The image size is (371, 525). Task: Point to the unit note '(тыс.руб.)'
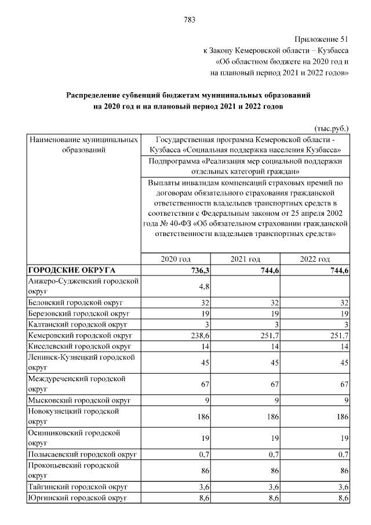tap(330, 128)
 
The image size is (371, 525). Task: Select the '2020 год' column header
tap(175, 259)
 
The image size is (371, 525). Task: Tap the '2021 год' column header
tap(245, 259)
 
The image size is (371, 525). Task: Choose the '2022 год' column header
tap(315, 259)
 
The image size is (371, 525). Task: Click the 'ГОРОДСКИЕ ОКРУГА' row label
tap(72, 270)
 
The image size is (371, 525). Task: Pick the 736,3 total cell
tap(199, 270)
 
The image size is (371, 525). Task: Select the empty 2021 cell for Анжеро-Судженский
tap(245, 286)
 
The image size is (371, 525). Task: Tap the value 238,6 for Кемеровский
tap(198, 335)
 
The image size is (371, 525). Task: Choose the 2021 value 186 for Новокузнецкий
tap(272, 417)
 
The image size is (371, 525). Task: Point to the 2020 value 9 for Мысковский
tap(206, 400)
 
